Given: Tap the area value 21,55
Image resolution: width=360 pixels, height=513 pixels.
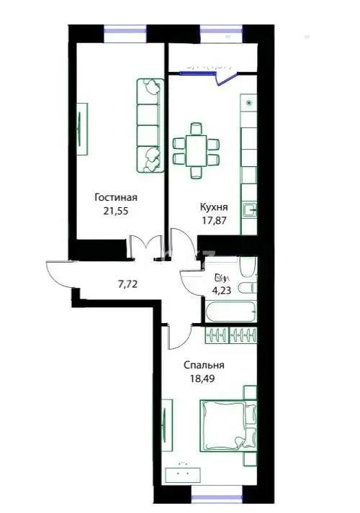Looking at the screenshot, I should pyautogui.click(x=116, y=212).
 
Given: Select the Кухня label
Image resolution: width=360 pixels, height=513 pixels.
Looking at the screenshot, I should pyautogui.click(x=214, y=206).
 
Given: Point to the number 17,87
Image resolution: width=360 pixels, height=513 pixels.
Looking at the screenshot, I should pyautogui.click(x=214, y=222).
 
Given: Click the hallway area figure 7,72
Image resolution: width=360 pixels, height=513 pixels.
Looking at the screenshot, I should pyautogui.click(x=127, y=283).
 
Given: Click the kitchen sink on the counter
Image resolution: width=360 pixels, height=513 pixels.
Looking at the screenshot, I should pyautogui.click(x=249, y=210).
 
